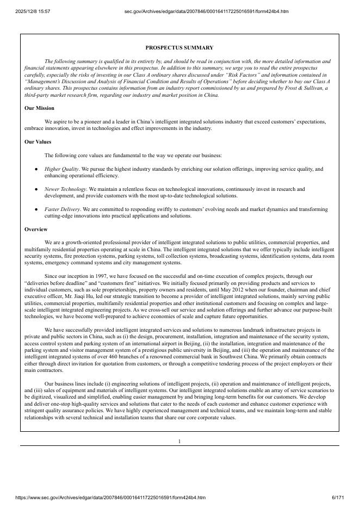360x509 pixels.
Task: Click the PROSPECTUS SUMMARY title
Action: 179,48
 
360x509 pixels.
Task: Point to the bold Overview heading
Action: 36,229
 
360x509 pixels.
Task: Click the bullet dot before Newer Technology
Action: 36,189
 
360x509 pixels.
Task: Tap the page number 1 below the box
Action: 179,441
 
